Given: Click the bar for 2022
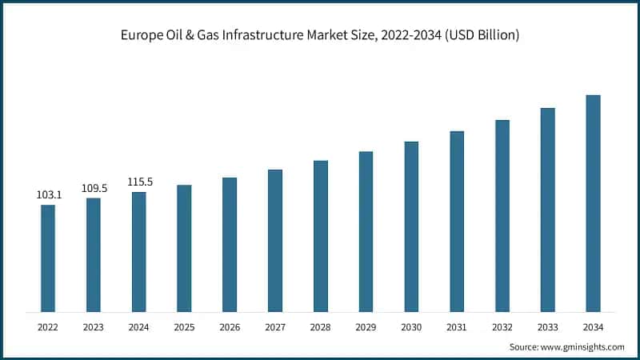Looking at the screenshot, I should click(48, 258).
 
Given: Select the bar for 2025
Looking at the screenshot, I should click(184, 248).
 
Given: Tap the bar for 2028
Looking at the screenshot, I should click(321, 236).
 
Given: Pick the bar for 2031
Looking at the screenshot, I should click(457, 221).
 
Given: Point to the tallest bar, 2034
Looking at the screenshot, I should click(593, 203).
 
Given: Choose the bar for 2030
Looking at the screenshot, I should click(411, 226).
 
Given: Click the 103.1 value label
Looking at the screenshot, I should click(48, 194).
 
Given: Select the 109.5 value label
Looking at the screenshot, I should click(94, 188).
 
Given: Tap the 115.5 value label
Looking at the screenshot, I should click(139, 182).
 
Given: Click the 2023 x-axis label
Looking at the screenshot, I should click(94, 327).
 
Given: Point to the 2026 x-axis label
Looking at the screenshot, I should click(230, 327).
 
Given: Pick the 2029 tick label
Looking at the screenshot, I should click(366, 327).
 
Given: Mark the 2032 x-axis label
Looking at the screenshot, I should click(502, 327).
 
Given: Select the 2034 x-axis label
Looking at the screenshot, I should click(593, 327).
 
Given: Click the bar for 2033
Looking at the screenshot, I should click(547, 210).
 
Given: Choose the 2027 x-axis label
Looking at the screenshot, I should click(275, 327).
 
